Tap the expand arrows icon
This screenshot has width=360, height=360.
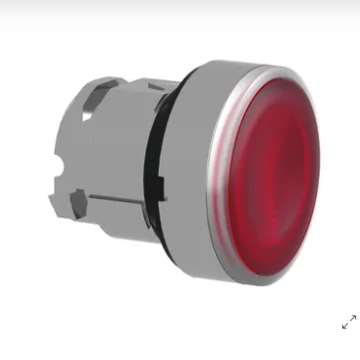pyautogui.click(x=349, y=322)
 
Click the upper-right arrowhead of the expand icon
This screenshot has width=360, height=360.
pyautogui.click(x=354, y=317)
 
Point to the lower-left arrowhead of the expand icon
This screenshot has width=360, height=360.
pyautogui.click(x=344, y=327)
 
